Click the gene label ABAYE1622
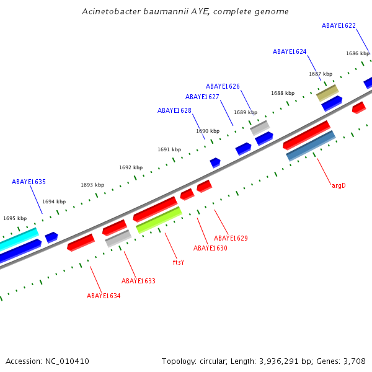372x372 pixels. pyautogui.click(x=339, y=25)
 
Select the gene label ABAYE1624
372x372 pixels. pyautogui.click(x=290, y=51)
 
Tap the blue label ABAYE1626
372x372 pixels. pyautogui.click(x=223, y=86)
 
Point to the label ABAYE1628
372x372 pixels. pyautogui.click(x=174, y=110)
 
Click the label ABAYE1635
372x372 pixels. pyautogui.click(x=29, y=182)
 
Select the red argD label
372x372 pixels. pyautogui.click(x=339, y=185)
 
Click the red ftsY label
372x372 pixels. pyautogui.click(x=179, y=262)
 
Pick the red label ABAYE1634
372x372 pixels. pyautogui.click(x=104, y=296)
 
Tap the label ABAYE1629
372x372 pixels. pyautogui.click(x=231, y=238)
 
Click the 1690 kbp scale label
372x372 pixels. pyautogui.click(x=208, y=131)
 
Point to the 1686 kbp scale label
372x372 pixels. pyautogui.click(x=358, y=53)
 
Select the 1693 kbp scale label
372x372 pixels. pyautogui.click(x=92, y=185)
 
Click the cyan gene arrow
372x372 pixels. pyautogui.click(x=17, y=238)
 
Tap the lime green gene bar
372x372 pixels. pyautogui.click(x=159, y=220)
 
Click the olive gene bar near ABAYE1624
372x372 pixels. pyautogui.click(x=327, y=93)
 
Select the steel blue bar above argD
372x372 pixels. pyautogui.click(x=311, y=146)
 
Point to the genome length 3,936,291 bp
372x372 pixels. pyautogui.click(x=298, y=361)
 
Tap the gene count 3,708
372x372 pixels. pyautogui.click(x=355, y=361)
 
